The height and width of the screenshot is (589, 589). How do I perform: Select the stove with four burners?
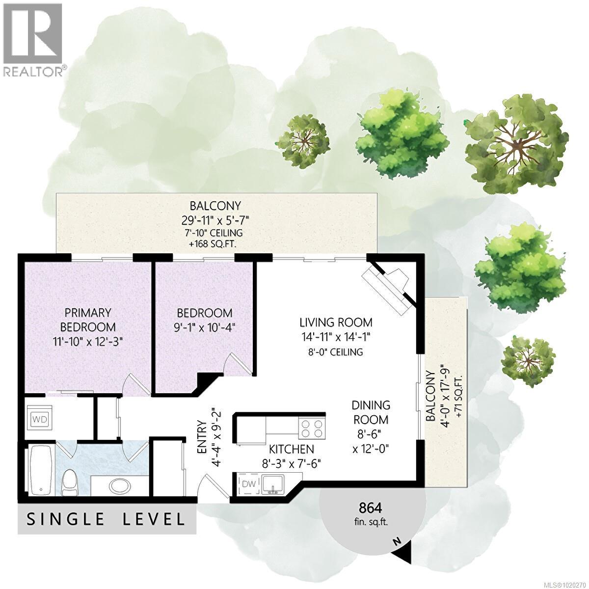click(312, 428)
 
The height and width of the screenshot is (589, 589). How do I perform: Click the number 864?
click(370, 508)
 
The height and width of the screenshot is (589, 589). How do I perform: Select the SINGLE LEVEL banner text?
click(106, 519)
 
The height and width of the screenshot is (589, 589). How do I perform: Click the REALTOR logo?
click(33, 39)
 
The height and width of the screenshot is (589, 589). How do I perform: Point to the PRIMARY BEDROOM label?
click(88, 320)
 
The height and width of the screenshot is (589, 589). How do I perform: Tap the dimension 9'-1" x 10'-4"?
click(204, 327)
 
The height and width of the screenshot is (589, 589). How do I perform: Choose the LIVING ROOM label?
click(336, 322)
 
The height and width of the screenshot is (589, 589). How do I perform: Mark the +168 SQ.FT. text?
click(216, 244)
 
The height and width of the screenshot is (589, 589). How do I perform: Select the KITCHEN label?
click(291, 449)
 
